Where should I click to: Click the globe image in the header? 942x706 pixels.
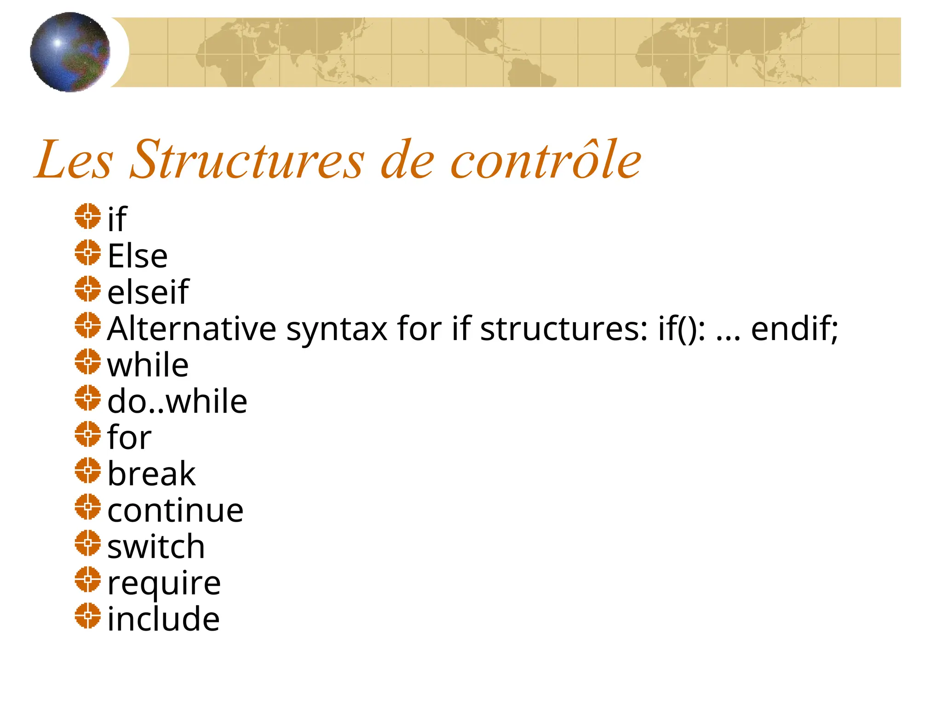coord(70,52)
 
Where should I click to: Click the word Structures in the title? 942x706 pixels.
coord(247,160)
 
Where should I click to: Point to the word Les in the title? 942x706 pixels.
coord(74,160)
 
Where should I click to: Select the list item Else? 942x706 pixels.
coord(138,256)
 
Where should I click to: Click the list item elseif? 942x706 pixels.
coord(148,292)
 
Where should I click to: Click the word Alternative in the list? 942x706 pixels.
coord(191,329)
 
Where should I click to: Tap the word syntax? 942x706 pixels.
coord(337,330)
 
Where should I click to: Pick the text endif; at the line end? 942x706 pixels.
coord(794,329)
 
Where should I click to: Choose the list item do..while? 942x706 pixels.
coord(177,401)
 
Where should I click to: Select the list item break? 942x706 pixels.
coord(151,474)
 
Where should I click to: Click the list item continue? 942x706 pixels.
coord(175,510)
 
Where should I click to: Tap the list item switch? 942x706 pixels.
coord(156,547)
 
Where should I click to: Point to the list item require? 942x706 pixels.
coord(164,584)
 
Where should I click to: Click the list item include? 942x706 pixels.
coord(163,619)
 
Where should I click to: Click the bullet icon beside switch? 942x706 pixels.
coord(87,543)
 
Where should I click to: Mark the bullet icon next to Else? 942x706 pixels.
coord(87,252)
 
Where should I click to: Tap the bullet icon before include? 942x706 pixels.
coord(87,615)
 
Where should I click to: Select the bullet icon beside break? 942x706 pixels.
coord(87,470)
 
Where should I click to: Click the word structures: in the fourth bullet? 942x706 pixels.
coord(564,329)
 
